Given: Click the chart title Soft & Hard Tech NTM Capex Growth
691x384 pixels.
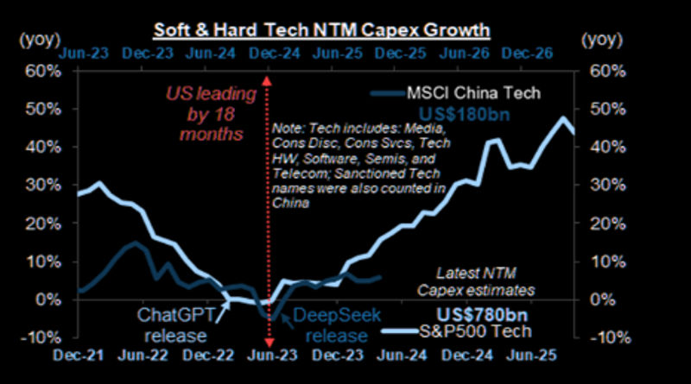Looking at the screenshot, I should (x=322, y=30).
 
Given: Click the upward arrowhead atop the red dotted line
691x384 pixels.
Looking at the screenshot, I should (x=269, y=80).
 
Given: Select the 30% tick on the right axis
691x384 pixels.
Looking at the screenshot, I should (x=599, y=185).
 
